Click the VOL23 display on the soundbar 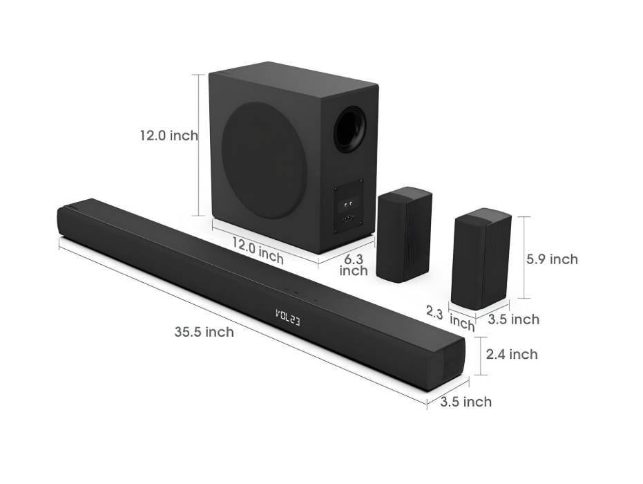[x=287, y=317]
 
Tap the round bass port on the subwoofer [x=349, y=129]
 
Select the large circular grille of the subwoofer [x=265, y=160]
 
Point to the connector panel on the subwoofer [x=349, y=205]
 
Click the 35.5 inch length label [x=204, y=333]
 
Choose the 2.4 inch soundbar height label [x=512, y=355]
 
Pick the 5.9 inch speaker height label [x=552, y=259]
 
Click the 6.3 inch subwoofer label [x=354, y=265]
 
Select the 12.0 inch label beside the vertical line [x=169, y=136]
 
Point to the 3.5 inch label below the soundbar [x=466, y=402]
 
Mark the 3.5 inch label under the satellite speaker [x=513, y=319]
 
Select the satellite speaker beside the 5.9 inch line [x=481, y=258]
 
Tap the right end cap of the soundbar [x=452, y=364]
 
